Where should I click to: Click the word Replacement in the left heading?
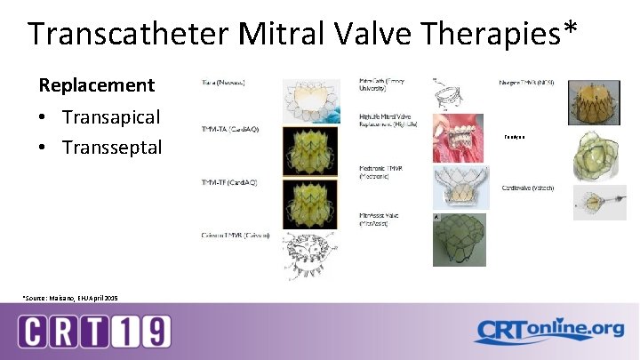coord(96,85)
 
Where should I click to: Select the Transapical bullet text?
coord(111,116)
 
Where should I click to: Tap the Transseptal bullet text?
coord(112,147)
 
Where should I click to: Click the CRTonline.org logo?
coord(549,331)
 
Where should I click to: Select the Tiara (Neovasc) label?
coord(217,83)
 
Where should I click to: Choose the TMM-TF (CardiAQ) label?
coord(228,182)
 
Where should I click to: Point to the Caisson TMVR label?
coord(236,235)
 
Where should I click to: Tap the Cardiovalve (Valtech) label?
coord(528,188)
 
